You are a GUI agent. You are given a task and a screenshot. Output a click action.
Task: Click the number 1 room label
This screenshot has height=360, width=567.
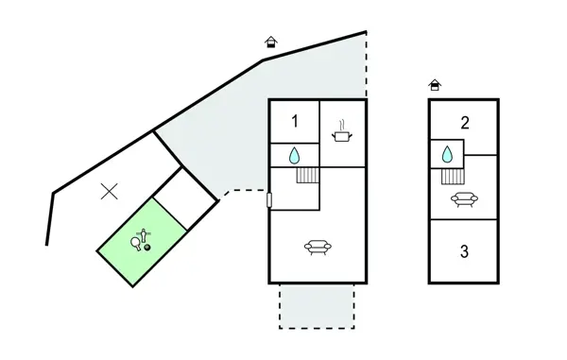295,121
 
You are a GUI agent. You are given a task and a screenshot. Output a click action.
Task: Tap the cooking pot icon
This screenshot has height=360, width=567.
342,136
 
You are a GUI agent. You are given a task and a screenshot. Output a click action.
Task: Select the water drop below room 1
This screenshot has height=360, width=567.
295,155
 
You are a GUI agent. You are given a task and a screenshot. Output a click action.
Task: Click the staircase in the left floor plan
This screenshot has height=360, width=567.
308,174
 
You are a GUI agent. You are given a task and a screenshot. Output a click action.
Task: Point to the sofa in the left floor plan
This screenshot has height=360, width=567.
318,248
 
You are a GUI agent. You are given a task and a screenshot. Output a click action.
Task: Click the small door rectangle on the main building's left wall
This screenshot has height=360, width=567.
269,199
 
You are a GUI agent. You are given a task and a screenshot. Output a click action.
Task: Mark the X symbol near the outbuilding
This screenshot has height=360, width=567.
110,191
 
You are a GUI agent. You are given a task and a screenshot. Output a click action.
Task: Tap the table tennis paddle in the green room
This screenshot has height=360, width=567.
138,244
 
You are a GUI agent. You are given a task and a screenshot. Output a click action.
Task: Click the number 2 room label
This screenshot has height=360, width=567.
465,122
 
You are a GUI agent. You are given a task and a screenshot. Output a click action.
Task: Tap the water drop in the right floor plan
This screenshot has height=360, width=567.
447,154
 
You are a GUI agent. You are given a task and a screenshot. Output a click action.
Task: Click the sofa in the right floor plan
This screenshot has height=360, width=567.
464,199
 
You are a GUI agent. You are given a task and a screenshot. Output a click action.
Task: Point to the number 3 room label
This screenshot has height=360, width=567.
464,251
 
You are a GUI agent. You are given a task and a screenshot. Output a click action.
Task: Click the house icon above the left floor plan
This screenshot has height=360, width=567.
271,42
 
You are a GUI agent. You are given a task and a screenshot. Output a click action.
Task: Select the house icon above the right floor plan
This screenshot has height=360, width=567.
435,84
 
